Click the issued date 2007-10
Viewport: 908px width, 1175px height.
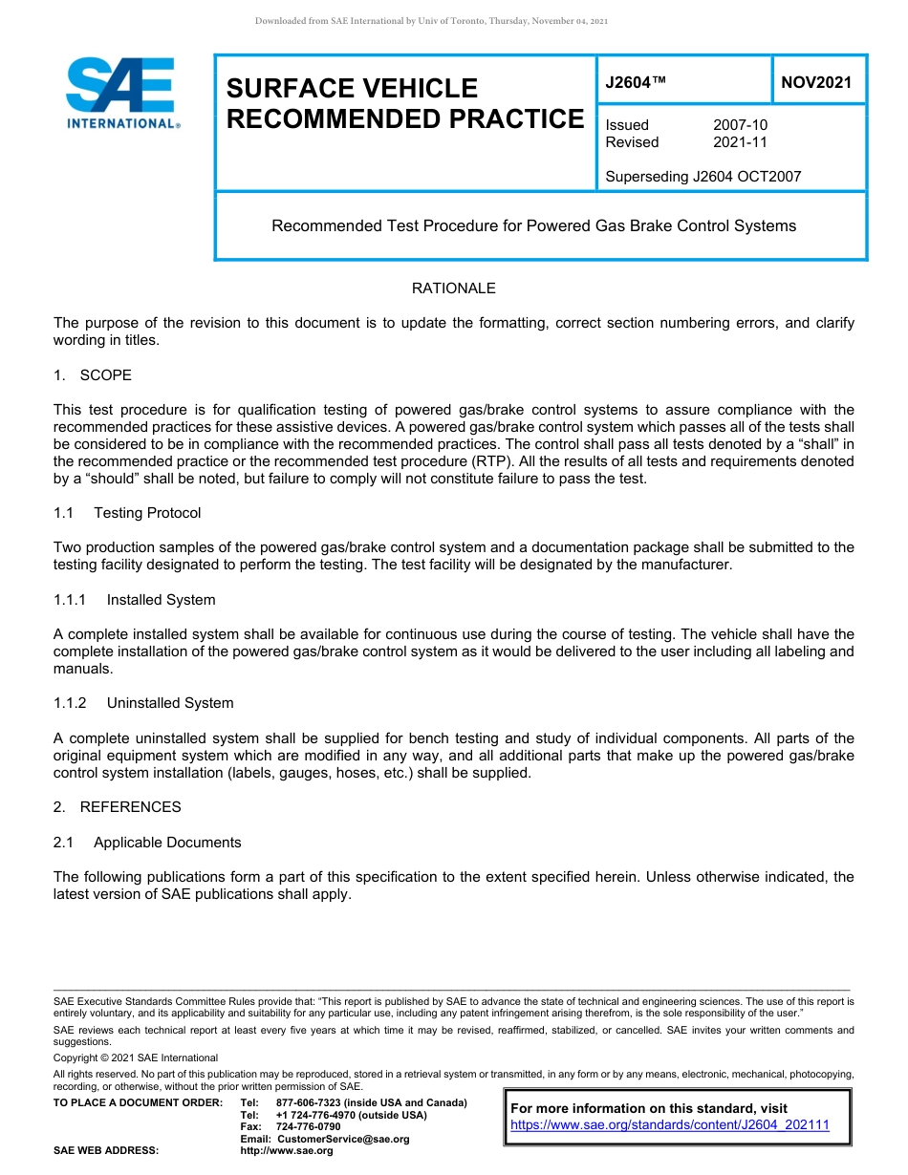click(740, 125)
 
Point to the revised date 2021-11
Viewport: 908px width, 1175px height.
click(740, 142)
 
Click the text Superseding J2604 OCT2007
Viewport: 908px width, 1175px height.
click(703, 176)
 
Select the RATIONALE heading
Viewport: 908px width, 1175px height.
click(453, 288)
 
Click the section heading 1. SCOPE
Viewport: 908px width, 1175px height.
click(93, 374)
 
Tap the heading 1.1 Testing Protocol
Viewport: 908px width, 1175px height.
click(128, 513)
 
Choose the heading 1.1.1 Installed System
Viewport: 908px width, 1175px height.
click(135, 600)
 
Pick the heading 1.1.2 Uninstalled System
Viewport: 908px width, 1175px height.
click(143, 703)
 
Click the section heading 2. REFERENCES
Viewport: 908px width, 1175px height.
click(117, 807)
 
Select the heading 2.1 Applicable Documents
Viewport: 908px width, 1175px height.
click(148, 843)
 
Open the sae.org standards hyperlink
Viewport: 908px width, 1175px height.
click(670, 1124)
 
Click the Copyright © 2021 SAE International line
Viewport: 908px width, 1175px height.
click(136, 1057)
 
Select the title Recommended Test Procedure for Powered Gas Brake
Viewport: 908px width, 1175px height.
click(533, 226)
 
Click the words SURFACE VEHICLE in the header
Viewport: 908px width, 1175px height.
click(352, 89)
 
